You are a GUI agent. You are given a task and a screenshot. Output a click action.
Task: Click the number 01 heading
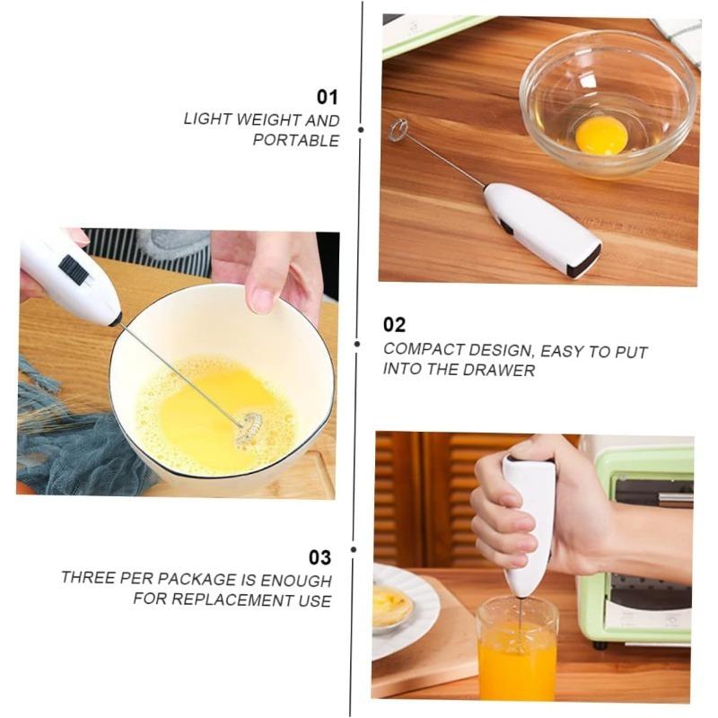(327, 97)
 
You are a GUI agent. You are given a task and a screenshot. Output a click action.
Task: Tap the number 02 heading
(394, 325)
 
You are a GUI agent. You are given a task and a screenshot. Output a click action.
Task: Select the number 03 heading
(320, 556)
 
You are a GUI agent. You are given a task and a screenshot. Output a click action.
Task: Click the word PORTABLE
(295, 140)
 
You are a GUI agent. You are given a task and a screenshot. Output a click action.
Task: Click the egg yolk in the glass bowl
(600, 136)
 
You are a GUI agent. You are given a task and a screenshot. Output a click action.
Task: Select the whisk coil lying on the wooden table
(398, 130)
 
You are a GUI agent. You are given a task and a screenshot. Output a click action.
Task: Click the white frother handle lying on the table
(542, 228)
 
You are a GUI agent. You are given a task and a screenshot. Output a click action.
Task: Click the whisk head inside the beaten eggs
(249, 428)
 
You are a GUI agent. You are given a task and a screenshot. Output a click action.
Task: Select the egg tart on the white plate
(392, 606)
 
